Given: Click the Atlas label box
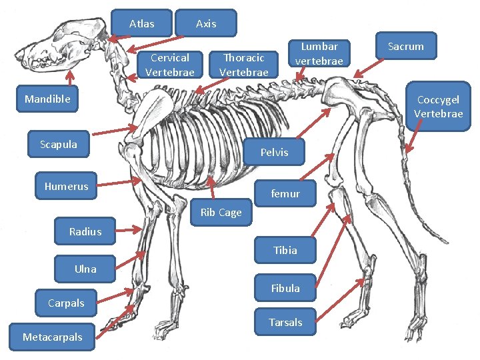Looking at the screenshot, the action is click(141, 23).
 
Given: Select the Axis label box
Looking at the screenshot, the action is click(206, 23).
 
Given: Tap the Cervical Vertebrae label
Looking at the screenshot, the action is click(169, 65).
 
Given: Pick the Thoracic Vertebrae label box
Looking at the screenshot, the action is click(243, 65).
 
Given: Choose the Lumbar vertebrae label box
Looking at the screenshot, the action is click(319, 53).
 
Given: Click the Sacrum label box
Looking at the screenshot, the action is click(405, 46).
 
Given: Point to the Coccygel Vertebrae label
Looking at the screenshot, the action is click(438, 107).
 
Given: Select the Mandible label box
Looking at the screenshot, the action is click(47, 99).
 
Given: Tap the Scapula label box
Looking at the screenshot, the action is click(59, 144).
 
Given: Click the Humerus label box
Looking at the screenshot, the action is click(66, 186).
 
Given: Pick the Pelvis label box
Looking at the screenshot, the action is click(274, 153).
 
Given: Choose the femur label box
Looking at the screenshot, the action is click(285, 193).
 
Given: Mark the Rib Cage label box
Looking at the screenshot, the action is click(221, 213).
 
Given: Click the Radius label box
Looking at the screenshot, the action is click(85, 231).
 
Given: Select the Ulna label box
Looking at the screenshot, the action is click(85, 269).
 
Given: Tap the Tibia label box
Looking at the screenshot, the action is click(285, 250).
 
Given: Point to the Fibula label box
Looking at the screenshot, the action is click(285, 288).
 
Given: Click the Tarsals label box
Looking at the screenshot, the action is click(285, 322).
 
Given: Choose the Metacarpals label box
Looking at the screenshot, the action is click(52, 337).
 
